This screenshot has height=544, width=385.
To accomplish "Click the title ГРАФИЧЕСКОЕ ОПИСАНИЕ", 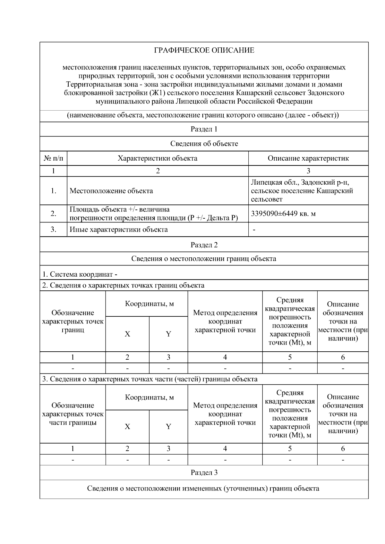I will coord(204,50).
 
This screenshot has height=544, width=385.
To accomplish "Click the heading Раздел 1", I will coord(204,129).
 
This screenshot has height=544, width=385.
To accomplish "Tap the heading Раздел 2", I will coord(204,245).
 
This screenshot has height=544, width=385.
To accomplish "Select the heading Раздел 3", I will coord(204,473).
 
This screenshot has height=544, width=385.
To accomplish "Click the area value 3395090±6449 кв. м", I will coord(283,213).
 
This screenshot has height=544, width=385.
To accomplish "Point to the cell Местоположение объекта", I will coord(111,191).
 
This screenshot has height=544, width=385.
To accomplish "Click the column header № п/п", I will coord(53,158).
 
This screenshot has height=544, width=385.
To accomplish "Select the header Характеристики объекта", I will coord(158,158).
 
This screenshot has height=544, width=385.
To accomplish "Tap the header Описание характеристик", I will coord(308,158).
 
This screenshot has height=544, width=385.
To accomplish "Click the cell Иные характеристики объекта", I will coord(119,230).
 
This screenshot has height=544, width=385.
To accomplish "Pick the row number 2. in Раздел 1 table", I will coord(53,213).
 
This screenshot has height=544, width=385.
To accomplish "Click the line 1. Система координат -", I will coord(80,274).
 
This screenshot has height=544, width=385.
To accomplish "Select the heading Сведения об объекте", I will coord(204,144).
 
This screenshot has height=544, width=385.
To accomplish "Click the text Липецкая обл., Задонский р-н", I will coord(300,182).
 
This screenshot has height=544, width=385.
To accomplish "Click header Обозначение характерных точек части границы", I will coord(73,414).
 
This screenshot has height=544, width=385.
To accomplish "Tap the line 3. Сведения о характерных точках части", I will coord(150,379).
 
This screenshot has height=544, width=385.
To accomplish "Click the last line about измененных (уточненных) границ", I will coord(203,489).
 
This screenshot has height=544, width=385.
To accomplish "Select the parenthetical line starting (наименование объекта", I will coord(203,115).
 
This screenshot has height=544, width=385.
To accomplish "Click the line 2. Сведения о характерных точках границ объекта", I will coord(124,285).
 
